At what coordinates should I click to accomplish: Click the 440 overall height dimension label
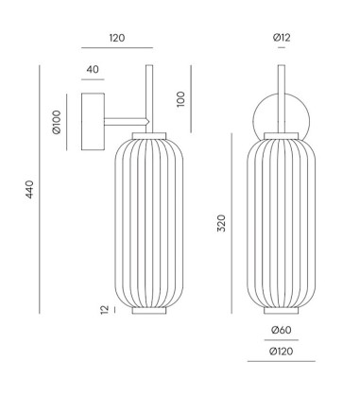tap(29, 189)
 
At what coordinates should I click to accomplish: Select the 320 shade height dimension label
tap(221, 223)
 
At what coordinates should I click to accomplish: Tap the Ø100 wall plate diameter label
tap(57, 122)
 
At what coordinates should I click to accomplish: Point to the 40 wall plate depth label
tap(93, 69)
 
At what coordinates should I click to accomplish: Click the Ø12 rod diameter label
tap(282, 38)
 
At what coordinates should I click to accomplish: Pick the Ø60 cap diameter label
tap(282, 330)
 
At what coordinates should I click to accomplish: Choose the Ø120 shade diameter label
tap(282, 352)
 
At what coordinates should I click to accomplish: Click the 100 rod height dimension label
tap(180, 99)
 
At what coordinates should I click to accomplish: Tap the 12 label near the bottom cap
tap(105, 310)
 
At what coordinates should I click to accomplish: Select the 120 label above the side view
tap(117, 38)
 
